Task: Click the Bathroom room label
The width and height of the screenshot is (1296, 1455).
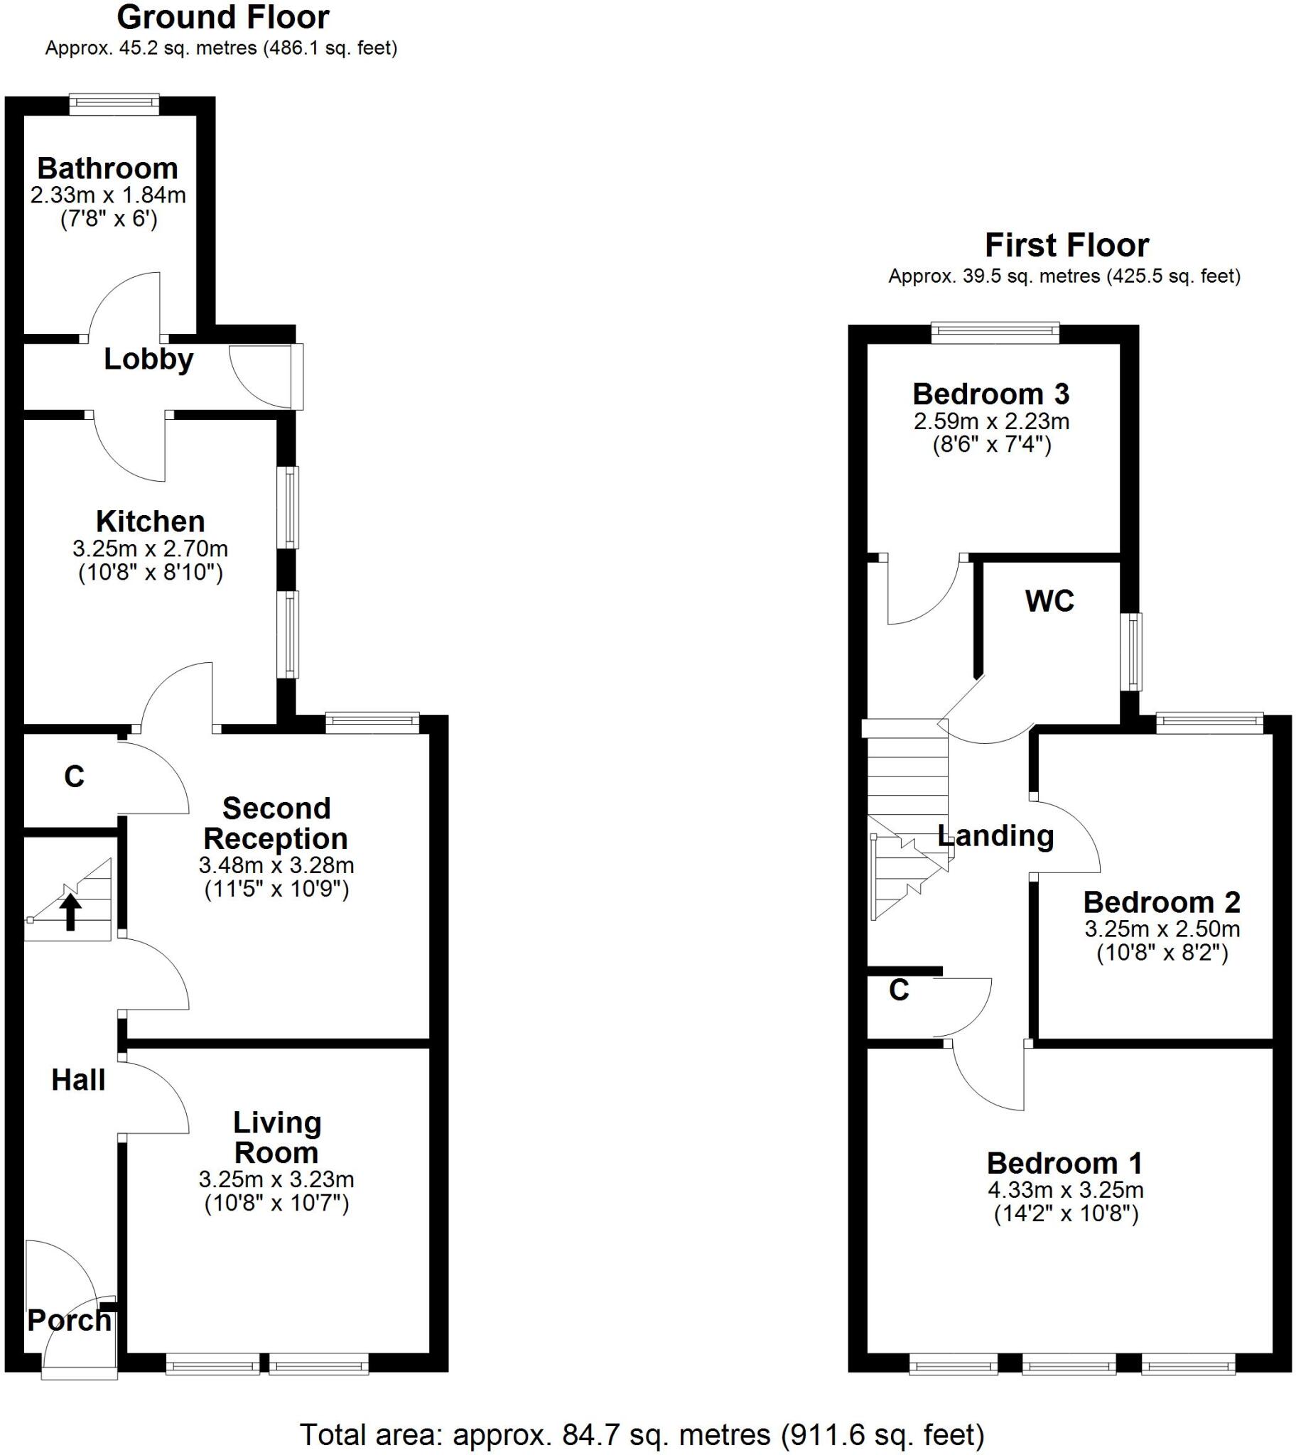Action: [107, 168]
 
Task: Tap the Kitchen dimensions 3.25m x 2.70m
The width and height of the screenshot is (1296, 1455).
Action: [150, 548]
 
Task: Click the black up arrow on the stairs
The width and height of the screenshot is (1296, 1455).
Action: [70, 913]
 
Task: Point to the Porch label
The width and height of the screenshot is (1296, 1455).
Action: [69, 1321]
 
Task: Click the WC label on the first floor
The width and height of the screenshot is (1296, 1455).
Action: [1049, 601]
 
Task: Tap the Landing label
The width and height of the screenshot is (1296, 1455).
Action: [995, 835]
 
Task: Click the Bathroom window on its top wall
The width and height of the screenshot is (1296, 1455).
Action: [114, 104]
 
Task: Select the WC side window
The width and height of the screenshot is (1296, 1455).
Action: [1130, 651]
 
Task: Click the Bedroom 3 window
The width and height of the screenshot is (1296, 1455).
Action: [995, 332]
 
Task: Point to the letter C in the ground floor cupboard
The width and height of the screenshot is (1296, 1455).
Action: [74, 777]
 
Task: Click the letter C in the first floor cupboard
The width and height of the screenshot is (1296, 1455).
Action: [899, 990]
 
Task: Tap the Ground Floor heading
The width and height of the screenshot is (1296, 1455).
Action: [223, 18]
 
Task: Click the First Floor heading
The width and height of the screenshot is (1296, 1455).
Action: [1066, 246]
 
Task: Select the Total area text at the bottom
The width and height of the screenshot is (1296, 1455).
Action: [642, 1434]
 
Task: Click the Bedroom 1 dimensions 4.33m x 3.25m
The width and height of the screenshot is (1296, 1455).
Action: [1065, 1189]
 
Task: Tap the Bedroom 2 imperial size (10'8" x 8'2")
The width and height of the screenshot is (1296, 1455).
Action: [1162, 953]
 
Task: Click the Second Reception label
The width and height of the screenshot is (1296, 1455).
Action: [276, 823]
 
